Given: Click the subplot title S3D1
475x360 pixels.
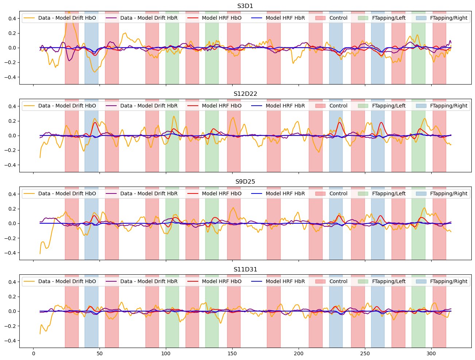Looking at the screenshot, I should click(x=245, y=6).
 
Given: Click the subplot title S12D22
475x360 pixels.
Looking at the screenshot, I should click(x=245, y=94).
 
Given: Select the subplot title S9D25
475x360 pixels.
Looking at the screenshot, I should click(x=245, y=182).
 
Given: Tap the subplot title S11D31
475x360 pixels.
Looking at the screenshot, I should click(x=245, y=270).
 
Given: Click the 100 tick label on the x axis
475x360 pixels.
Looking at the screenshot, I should click(x=166, y=353).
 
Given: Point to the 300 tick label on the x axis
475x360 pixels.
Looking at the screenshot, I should click(x=431, y=353).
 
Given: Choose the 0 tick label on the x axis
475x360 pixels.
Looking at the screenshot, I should click(x=33, y=353).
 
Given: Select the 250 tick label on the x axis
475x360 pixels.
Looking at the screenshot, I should click(x=365, y=353).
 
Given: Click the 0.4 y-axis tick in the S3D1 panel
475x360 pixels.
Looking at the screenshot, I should click(x=12, y=19).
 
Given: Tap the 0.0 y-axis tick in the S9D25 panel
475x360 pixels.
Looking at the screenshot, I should click(x=12, y=223).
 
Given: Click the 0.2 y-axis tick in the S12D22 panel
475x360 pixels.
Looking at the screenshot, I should click(x=12, y=121).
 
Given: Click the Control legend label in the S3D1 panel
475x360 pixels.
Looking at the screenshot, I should click(x=338, y=18).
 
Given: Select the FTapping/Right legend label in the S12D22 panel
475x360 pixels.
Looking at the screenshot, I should click(x=448, y=106).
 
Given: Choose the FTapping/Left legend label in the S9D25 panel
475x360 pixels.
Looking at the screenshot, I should click(x=389, y=193).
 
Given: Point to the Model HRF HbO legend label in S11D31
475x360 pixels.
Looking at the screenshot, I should click(x=222, y=281).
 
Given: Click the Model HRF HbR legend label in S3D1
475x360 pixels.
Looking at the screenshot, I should click(x=285, y=18).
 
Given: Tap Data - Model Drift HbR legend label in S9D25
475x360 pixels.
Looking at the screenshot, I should click(x=149, y=193).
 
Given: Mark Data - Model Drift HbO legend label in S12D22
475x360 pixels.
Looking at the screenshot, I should click(x=67, y=106).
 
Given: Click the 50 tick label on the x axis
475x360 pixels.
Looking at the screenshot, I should click(x=100, y=353).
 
